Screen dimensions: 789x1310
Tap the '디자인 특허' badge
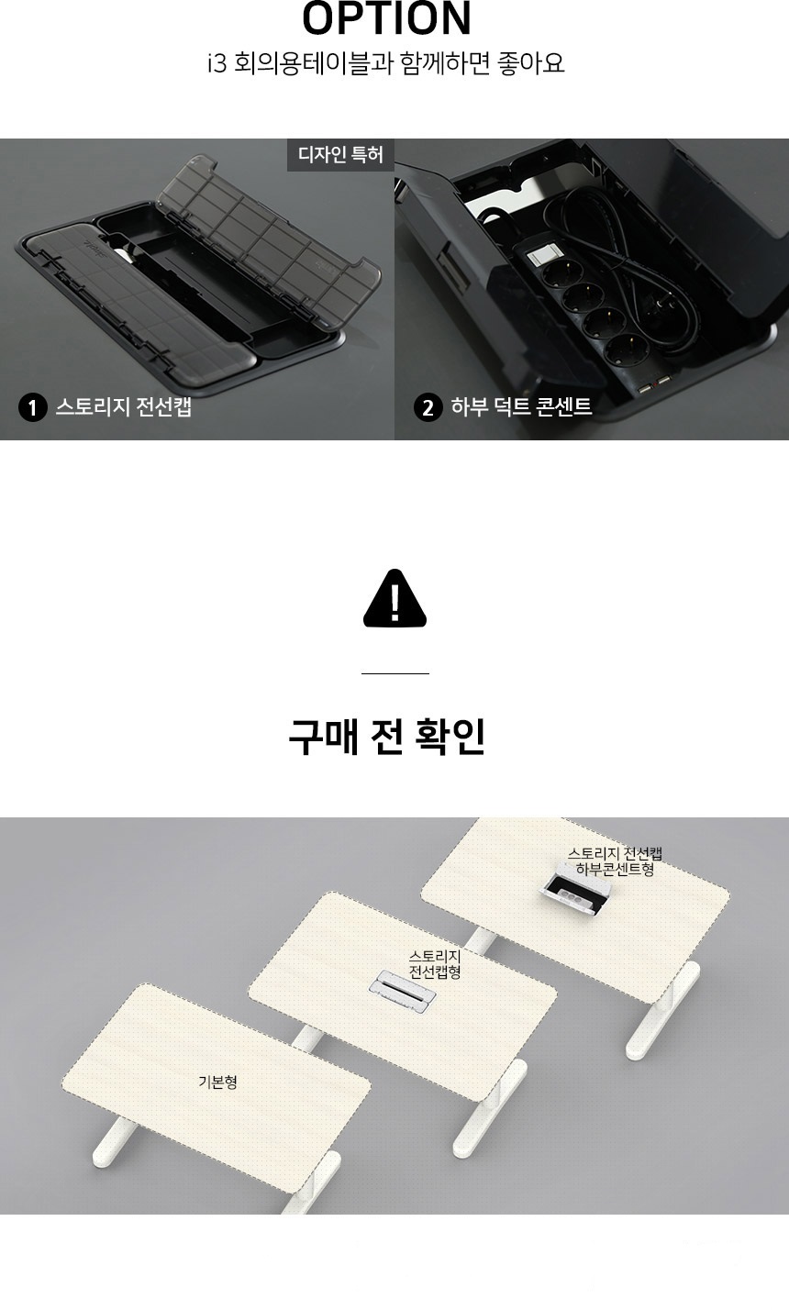(340, 155)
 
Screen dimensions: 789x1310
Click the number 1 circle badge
(32, 407)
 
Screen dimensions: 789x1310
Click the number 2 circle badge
(428, 407)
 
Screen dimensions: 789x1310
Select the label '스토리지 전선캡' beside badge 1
(124, 406)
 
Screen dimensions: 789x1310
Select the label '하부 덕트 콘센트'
(521, 406)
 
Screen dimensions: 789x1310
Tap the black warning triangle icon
(394, 598)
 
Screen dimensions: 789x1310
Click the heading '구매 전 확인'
(386, 737)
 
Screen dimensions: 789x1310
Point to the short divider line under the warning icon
(395, 673)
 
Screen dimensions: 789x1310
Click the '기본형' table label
(217, 1082)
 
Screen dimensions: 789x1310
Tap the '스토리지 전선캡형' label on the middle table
(435, 964)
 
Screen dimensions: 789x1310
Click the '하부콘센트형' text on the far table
(615, 870)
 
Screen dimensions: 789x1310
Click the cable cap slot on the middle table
(402, 991)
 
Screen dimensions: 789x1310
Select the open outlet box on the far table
(575, 893)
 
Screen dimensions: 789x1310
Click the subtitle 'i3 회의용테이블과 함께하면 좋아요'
(386, 63)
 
